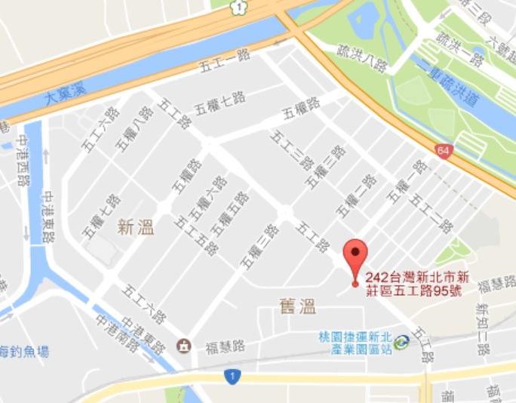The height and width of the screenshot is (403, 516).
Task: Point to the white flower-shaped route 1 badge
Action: click(x=239, y=7)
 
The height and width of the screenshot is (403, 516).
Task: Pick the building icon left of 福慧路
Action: click(x=183, y=346)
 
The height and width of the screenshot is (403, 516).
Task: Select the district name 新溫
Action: click(x=136, y=226)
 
